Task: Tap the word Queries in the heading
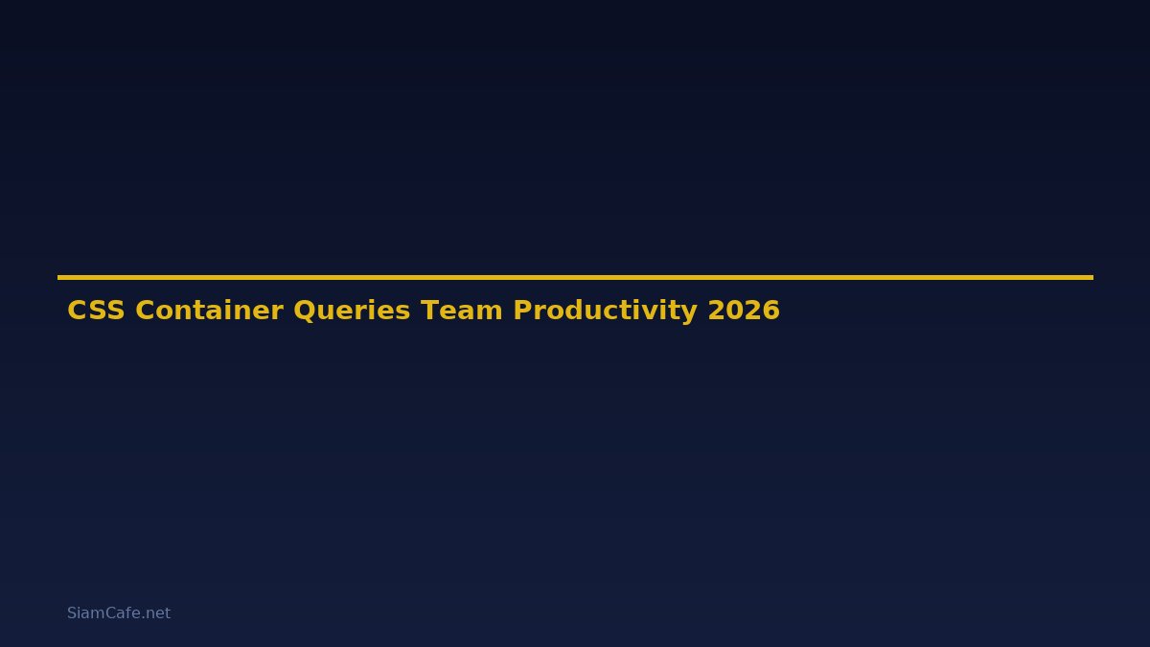352,311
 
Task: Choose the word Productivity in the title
605,311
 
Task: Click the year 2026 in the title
744,311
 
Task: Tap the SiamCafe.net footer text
119,613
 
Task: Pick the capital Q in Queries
304,311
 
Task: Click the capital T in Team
429,311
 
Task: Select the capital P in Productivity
522,311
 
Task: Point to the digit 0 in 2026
734,311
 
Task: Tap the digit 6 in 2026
771,311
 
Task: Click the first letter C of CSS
77,311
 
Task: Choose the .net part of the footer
156,613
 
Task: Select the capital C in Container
145,311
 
